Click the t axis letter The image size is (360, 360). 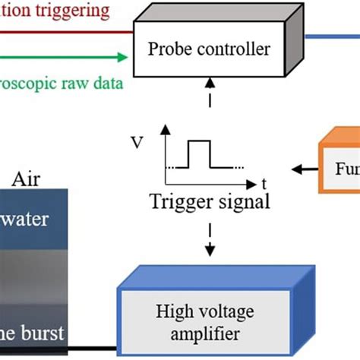tap(264, 182)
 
